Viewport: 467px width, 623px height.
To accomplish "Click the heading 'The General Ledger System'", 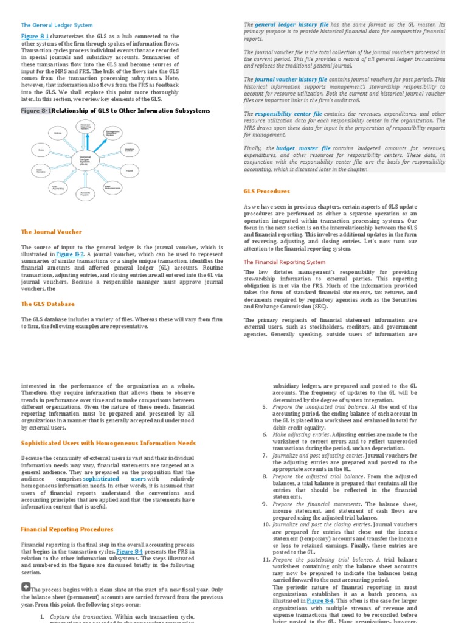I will tap(57, 25).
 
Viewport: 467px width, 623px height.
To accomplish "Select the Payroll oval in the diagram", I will tap(128, 172).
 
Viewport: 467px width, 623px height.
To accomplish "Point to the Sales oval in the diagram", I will tap(41, 149).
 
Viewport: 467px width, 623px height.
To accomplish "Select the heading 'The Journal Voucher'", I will tap(51, 232).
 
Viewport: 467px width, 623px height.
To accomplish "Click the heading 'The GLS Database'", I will tap(48, 304).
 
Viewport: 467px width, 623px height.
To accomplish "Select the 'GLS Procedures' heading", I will tap(266, 191).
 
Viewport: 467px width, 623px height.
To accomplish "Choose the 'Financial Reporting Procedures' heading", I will tap(67, 529).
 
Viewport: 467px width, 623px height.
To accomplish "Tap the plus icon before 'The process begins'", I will tap(26, 586).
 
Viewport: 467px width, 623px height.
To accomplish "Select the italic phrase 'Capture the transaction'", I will tap(66, 617).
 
